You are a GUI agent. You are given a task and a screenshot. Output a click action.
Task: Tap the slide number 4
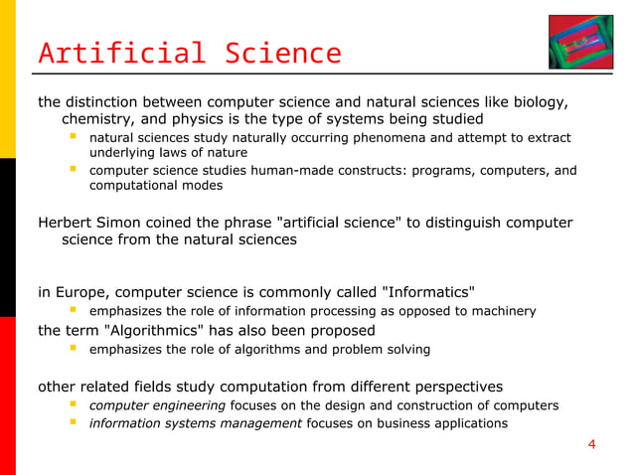592,443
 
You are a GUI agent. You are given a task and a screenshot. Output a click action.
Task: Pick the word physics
206,119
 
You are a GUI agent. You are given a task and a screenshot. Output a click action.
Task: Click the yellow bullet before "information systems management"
73,423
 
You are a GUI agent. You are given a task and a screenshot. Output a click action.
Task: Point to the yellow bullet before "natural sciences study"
73,136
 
